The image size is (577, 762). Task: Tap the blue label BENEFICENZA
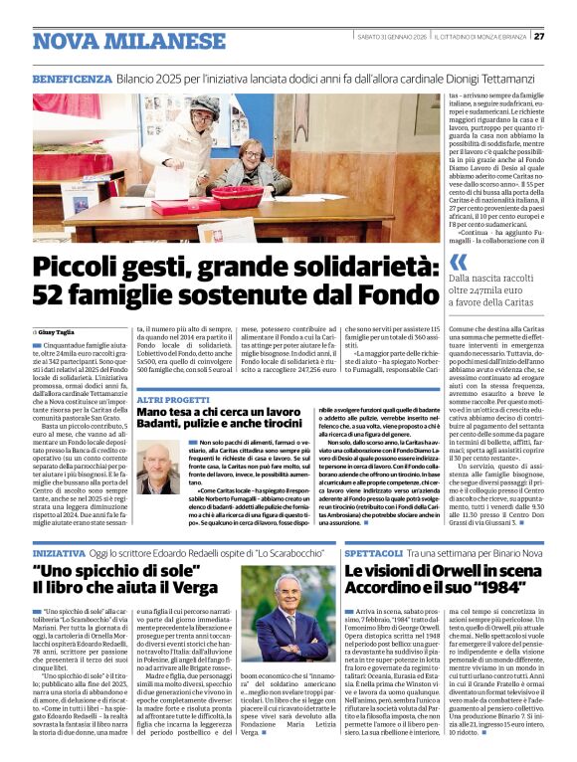(73, 78)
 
